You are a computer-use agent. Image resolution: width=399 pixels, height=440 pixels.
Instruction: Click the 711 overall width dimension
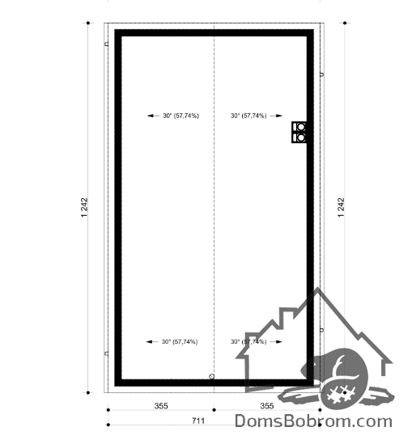pos(198,421)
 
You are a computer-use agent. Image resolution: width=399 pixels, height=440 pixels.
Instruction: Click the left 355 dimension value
pos(161,406)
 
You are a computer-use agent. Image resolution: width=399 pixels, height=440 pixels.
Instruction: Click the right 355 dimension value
pos(267,406)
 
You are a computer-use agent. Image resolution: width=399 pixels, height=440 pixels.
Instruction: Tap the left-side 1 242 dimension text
pos(84,208)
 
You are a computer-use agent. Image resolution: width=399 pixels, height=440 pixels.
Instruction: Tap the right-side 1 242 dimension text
pos(342,208)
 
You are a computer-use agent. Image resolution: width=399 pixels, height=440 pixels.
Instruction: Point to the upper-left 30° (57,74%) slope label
pos(180,116)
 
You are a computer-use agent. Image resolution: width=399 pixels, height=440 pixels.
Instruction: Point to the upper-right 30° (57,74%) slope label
pos(248,116)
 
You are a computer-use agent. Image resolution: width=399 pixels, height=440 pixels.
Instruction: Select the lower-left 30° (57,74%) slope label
pos(180,342)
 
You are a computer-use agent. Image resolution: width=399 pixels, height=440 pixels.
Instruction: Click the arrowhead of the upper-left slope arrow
pos(151,116)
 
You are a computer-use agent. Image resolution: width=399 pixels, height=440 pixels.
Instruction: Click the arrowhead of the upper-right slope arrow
pos(279,116)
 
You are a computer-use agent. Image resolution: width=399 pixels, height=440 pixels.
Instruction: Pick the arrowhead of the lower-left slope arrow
pos(149,342)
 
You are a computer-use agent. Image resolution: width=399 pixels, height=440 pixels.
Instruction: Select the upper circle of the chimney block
pos(301,127)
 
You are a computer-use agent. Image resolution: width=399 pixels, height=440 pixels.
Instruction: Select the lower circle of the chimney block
pos(301,137)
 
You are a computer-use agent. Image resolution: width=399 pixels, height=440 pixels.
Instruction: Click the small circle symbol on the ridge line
pos(212,377)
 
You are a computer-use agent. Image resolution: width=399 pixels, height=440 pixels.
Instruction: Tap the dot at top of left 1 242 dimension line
pos(88,23)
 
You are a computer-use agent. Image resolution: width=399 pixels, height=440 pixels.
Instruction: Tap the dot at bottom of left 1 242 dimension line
pos(88,392)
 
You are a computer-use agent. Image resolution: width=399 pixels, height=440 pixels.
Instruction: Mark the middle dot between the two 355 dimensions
pos(214,410)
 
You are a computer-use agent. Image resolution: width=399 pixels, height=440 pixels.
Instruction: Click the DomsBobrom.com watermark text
pos(313,421)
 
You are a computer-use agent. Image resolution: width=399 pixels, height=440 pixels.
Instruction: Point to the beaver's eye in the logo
pos(312,365)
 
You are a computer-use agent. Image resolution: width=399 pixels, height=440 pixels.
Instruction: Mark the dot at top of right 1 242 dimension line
pos(345,23)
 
